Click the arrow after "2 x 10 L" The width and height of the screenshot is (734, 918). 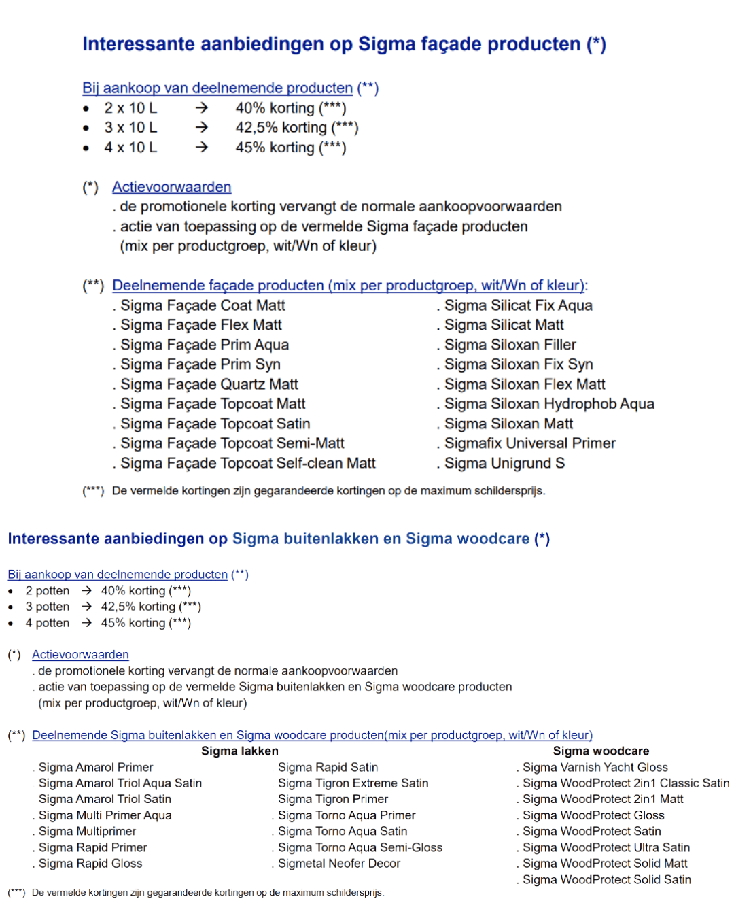(x=201, y=107)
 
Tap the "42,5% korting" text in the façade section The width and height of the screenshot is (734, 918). (x=281, y=128)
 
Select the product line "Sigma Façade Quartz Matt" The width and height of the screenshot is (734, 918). (x=209, y=384)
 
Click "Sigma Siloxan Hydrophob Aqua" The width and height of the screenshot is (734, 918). (x=548, y=404)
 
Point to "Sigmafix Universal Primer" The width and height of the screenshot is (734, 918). (x=529, y=443)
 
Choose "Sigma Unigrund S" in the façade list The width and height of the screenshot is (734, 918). (x=504, y=463)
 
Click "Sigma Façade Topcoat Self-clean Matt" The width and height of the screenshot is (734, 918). (x=247, y=463)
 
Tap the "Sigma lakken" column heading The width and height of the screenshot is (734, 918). (x=239, y=751)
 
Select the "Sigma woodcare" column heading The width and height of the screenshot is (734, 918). (x=601, y=751)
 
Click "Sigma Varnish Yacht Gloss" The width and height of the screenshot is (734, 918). (x=595, y=767)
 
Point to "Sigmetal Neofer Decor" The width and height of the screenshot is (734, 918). (x=338, y=864)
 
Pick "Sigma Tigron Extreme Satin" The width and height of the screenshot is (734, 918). (x=353, y=783)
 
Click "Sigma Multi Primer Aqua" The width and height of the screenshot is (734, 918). (x=105, y=815)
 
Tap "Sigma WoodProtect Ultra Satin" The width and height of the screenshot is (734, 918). (x=606, y=847)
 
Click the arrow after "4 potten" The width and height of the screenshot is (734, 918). (x=86, y=623)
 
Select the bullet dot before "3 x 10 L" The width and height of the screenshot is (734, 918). (x=86, y=128)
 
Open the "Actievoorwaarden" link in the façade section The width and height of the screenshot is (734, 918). (x=171, y=187)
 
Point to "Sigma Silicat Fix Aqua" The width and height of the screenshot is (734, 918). (x=518, y=305)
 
